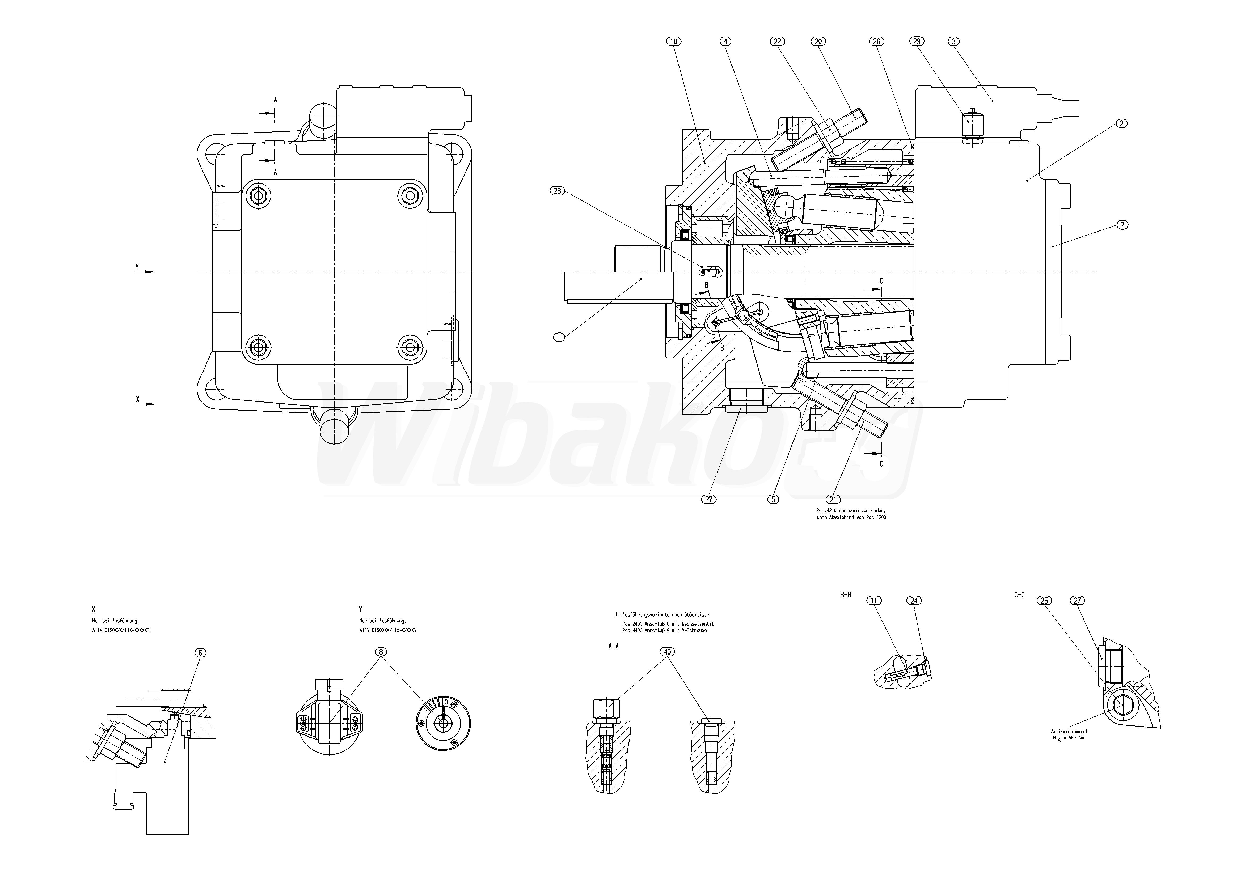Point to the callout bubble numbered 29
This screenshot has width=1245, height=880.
(x=917, y=41)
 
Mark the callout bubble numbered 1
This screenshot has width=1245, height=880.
(x=559, y=337)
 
